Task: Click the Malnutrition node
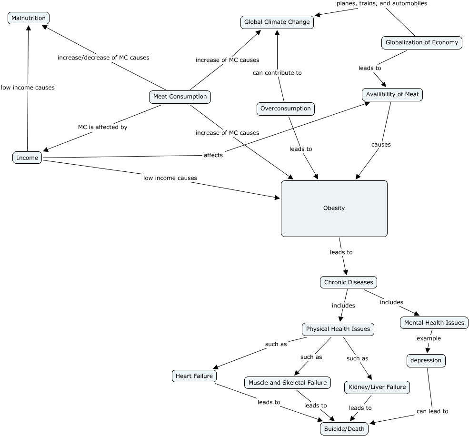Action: [x=29, y=19]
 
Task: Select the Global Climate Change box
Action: [x=277, y=22]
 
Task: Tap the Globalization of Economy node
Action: [x=421, y=42]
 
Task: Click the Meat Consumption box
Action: [x=180, y=97]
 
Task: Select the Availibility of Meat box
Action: [x=392, y=94]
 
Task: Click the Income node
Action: [x=27, y=158]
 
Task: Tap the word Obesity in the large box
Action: [x=334, y=208]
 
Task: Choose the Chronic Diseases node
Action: [x=349, y=282]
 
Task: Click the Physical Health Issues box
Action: [x=338, y=329]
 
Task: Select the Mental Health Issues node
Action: [x=434, y=323]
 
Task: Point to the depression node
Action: [x=426, y=361]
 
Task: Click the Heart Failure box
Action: [x=194, y=376]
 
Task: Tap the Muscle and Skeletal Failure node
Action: [x=288, y=383]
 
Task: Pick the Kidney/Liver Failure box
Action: [x=377, y=387]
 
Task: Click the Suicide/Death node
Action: [x=344, y=429]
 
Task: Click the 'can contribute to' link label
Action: [x=277, y=73]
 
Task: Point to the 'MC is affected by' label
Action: [x=103, y=127]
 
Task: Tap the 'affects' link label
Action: [x=213, y=155]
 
